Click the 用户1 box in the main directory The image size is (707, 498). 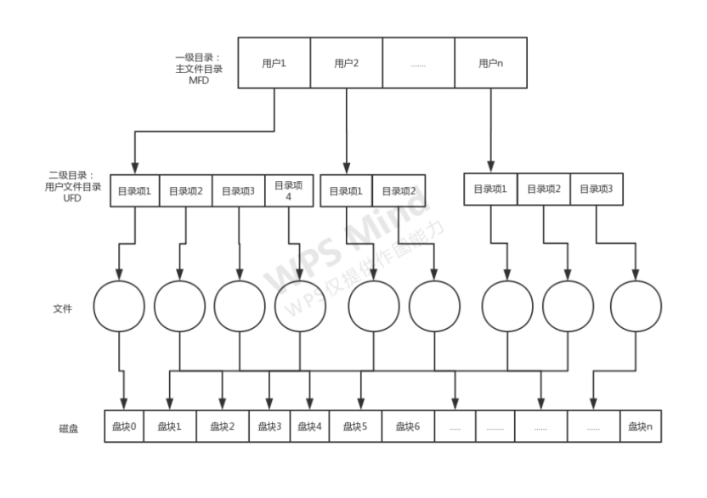(x=274, y=63)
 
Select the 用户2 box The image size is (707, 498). (x=346, y=63)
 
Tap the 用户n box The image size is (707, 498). (x=491, y=63)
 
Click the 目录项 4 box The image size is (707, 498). (x=289, y=190)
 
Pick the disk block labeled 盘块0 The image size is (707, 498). (x=123, y=427)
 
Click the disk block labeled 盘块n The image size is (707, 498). (x=640, y=427)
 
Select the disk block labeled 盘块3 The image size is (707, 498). (x=269, y=427)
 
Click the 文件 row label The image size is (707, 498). (x=62, y=308)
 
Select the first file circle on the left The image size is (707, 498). (x=119, y=306)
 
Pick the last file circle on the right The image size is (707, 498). (x=636, y=306)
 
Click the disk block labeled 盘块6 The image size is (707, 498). (x=408, y=427)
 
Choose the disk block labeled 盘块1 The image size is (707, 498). (x=170, y=427)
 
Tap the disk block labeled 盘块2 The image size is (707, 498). (x=223, y=427)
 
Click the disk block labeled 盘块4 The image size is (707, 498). (x=309, y=427)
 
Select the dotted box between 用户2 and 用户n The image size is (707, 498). (x=418, y=63)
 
